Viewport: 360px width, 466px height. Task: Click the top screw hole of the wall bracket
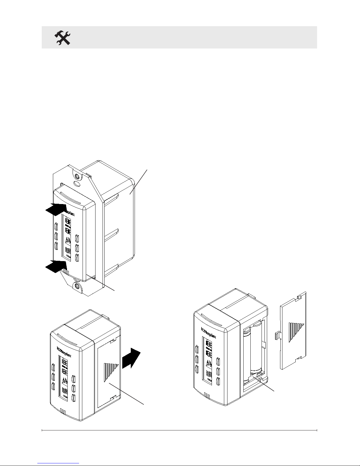tap(77, 177)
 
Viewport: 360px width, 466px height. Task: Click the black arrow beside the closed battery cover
tap(131, 358)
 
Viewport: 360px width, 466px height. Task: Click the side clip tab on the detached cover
tap(277, 335)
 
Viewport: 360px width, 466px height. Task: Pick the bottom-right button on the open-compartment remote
tap(218, 381)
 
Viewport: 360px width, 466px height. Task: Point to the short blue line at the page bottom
tap(59, 463)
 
